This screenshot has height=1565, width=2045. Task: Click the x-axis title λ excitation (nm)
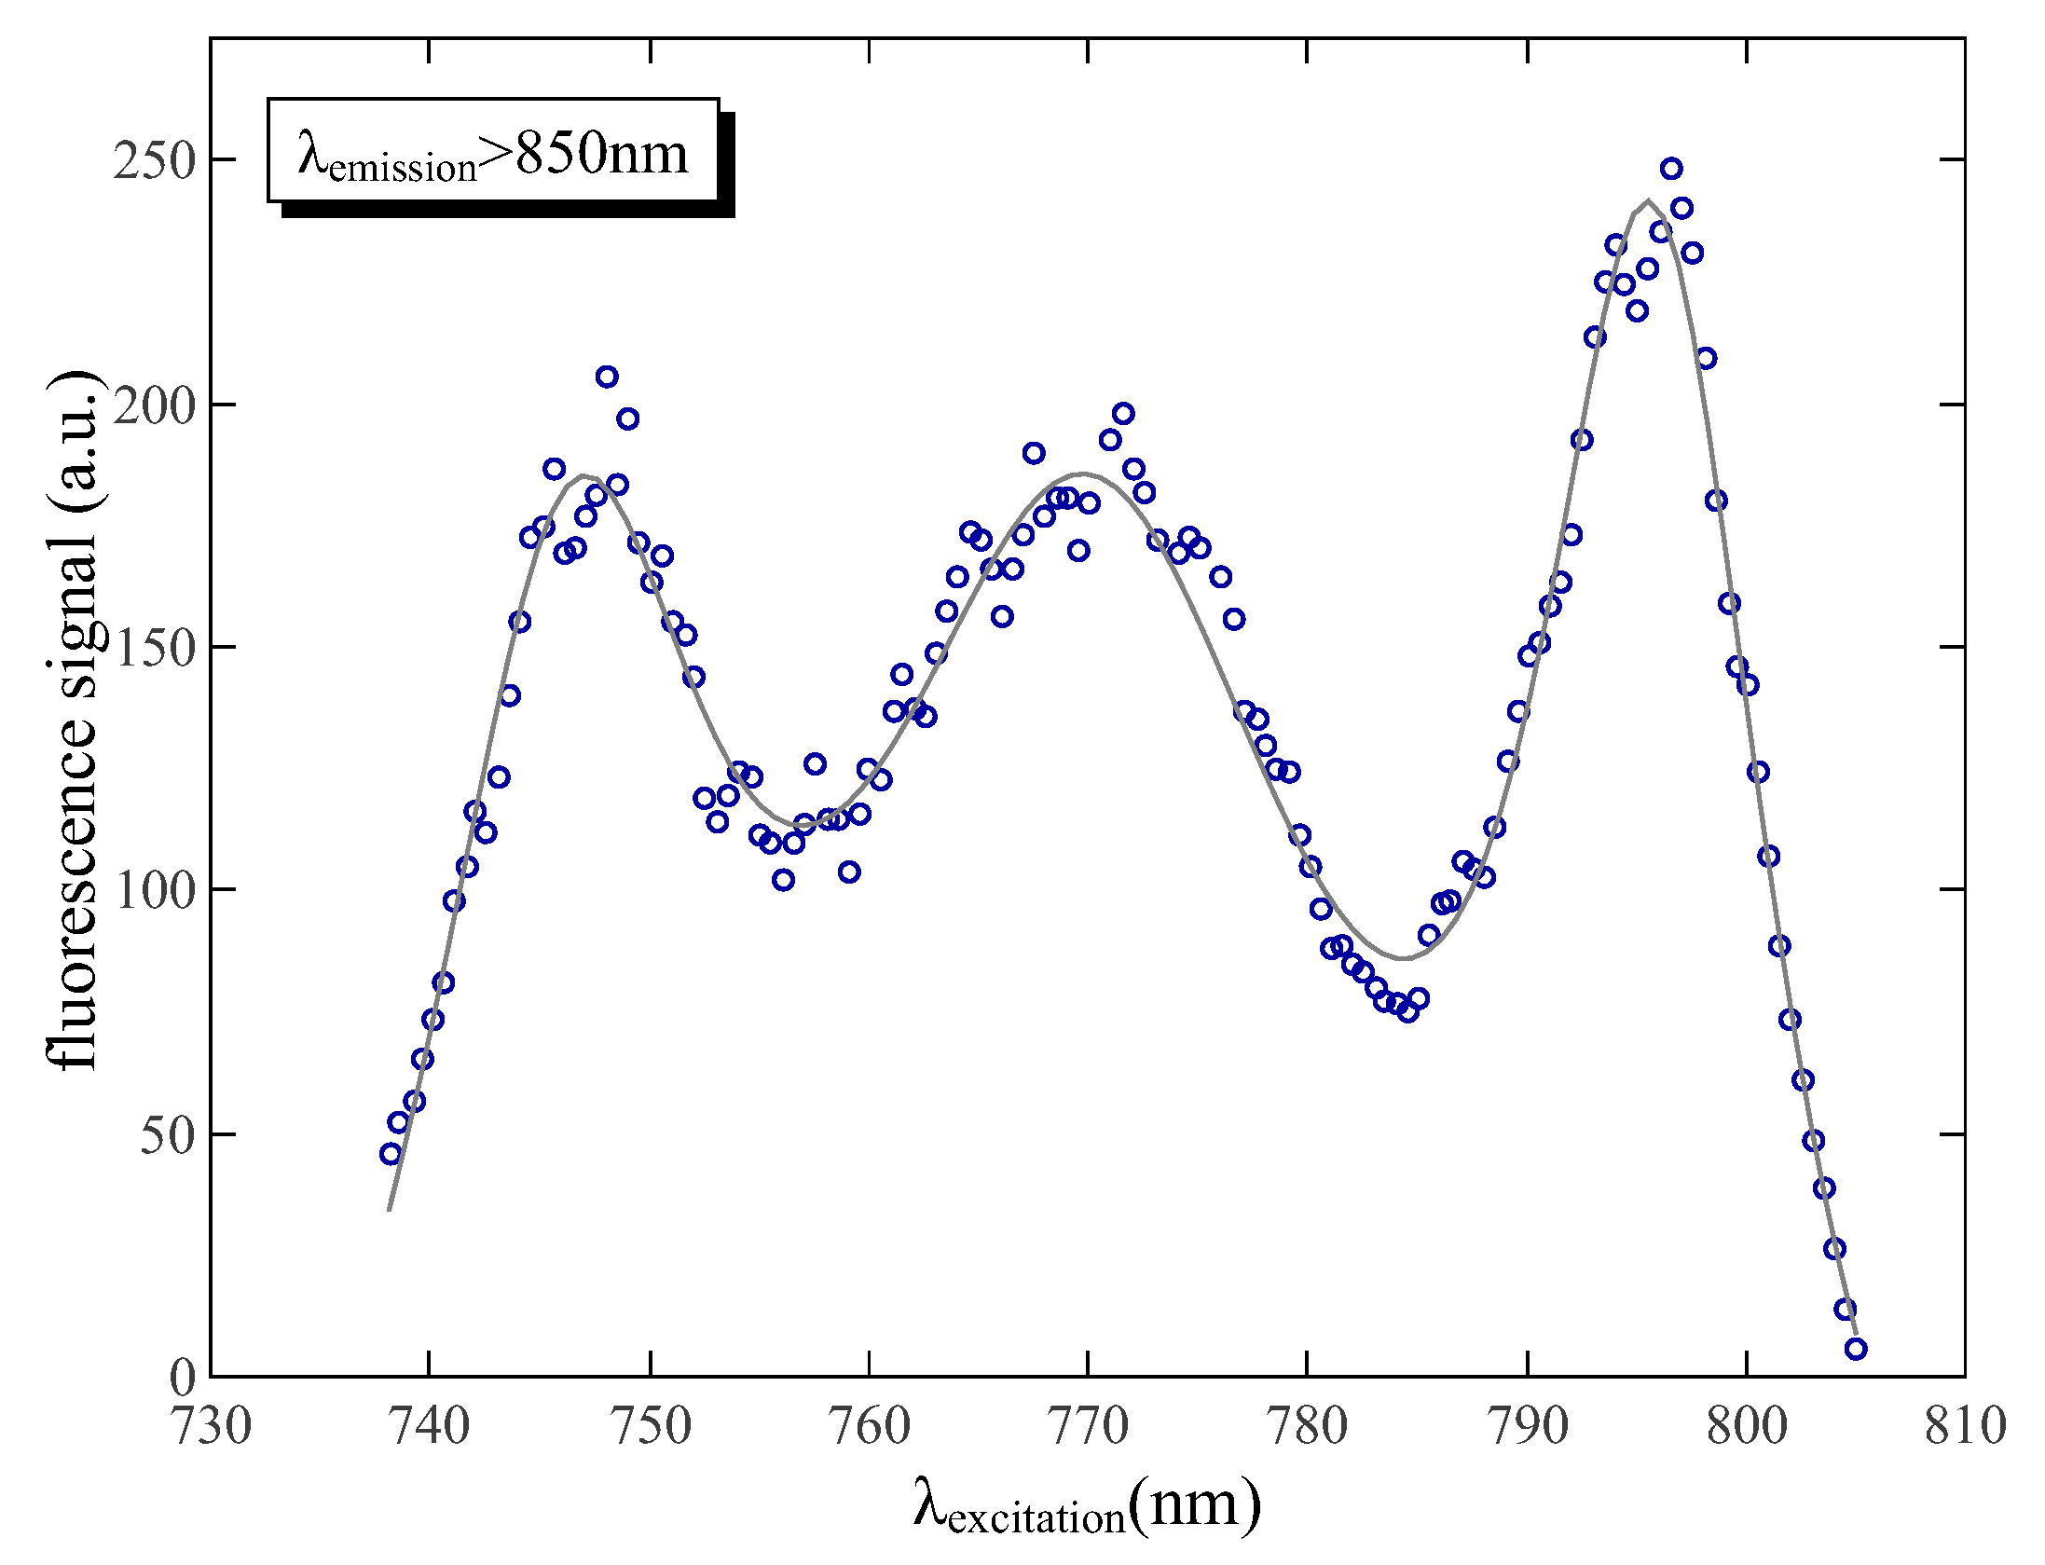tap(1087, 1504)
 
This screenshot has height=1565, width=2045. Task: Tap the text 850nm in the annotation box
tap(601, 153)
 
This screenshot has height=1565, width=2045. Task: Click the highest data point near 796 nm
tap(1671, 169)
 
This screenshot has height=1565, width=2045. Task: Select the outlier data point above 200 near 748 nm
tap(607, 377)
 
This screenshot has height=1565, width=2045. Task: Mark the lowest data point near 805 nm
tap(1856, 1349)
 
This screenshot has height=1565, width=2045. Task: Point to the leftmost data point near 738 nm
tap(391, 1154)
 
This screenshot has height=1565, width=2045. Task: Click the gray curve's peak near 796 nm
tap(1649, 201)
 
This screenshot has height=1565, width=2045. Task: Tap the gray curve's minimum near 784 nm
tap(1401, 958)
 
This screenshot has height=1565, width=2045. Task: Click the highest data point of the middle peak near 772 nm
tap(1123, 414)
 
